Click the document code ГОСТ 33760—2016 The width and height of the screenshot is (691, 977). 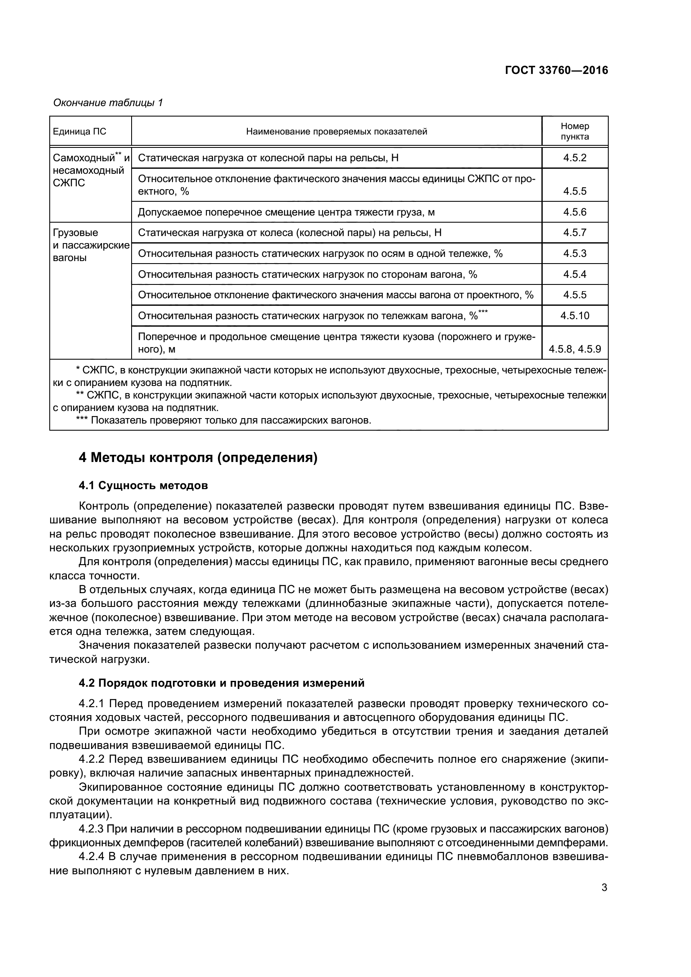[556, 70]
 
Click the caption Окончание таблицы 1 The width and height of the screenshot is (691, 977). [108, 103]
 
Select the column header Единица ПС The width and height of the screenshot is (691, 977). [79, 132]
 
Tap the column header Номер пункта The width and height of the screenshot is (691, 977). [574, 131]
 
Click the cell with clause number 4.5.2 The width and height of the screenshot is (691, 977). [574, 158]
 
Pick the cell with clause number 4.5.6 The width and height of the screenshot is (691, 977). [574, 212]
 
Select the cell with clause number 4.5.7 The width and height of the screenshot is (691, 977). [574, 232]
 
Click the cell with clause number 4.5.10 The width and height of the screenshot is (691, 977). [574, 316]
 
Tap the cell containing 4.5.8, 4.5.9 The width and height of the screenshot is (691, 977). [574, 349]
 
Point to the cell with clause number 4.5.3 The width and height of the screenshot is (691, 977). [574, 254]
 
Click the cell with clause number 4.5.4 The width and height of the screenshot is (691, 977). [574, 274]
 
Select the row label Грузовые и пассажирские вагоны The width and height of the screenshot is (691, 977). [90, 245]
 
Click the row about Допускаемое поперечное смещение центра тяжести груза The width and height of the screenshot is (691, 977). [286, 212]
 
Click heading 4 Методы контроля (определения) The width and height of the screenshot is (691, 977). [198, 458]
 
